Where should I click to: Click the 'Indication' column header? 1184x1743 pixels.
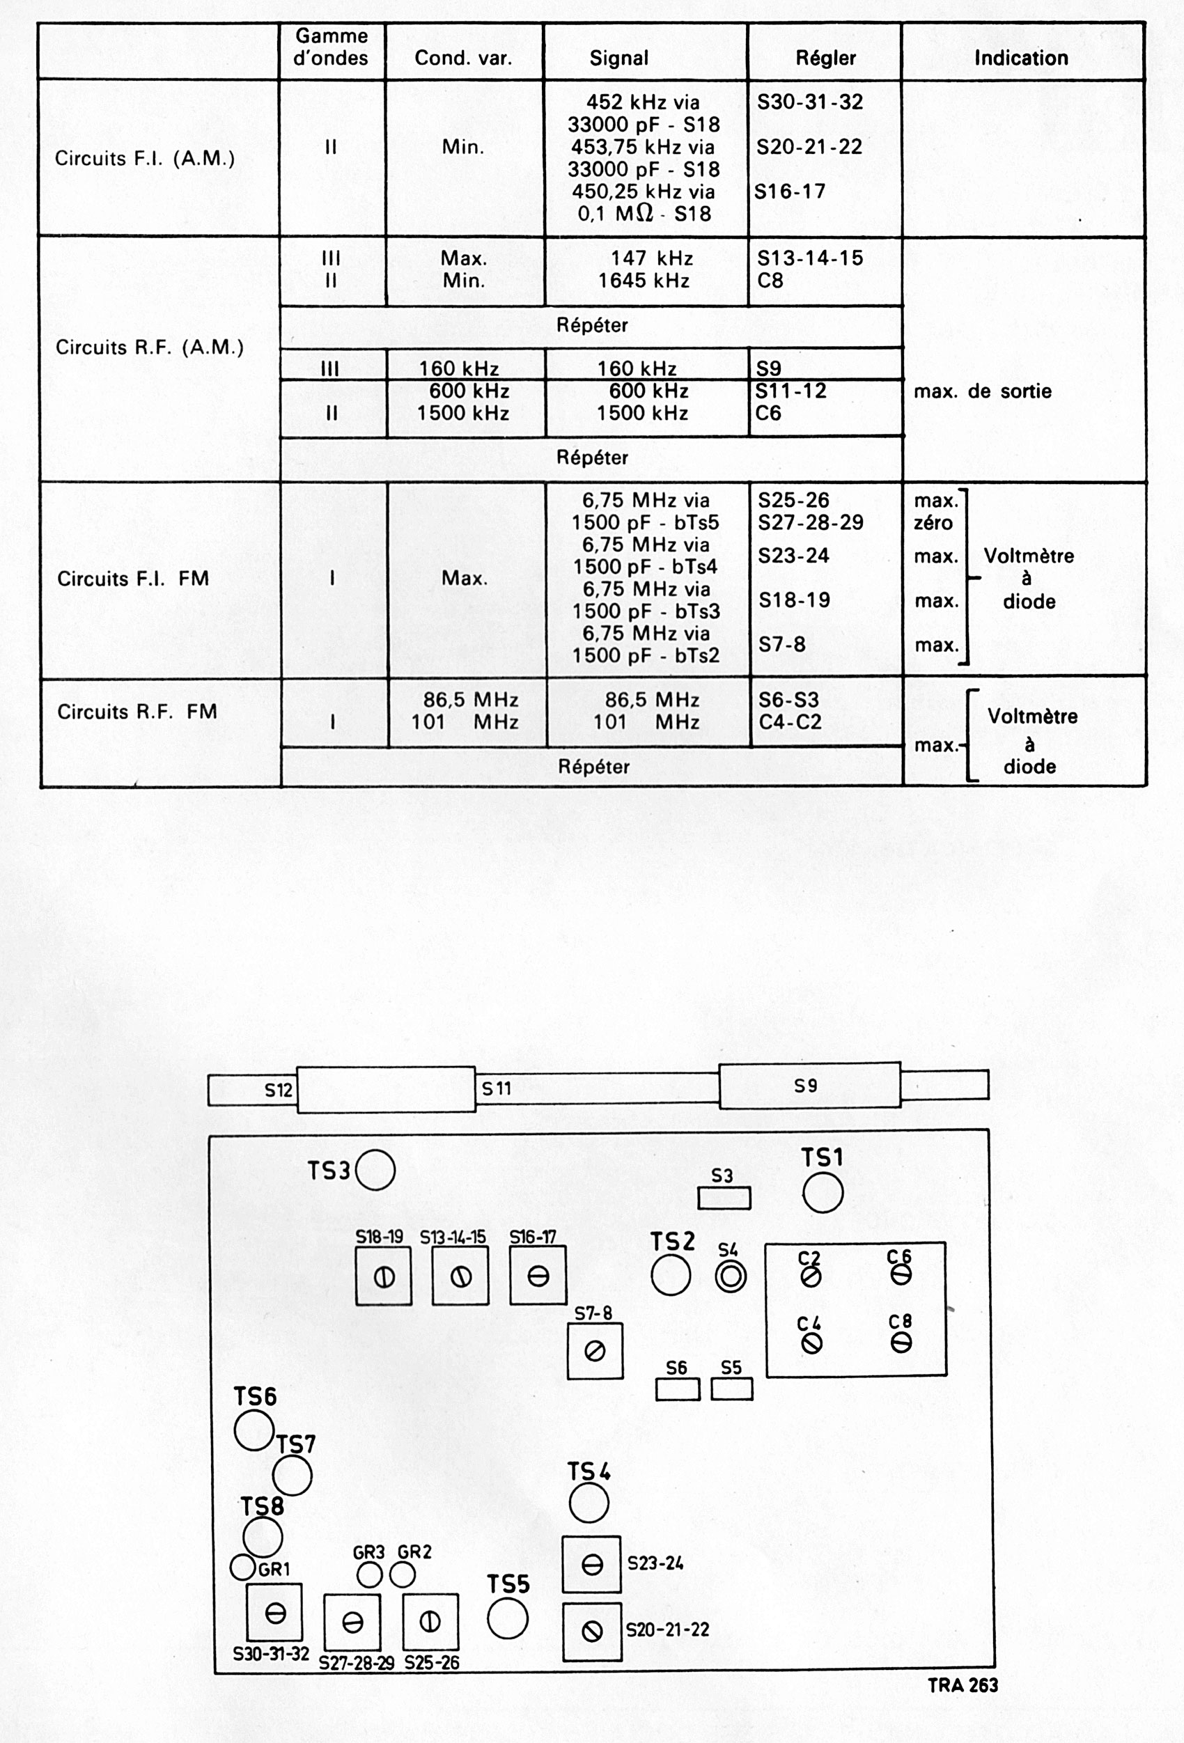pyautogui.click(x=1020, y=58)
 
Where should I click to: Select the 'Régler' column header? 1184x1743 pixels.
pyautogui.click(x=825, y=58)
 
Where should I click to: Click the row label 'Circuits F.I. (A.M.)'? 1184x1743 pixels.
pyautogui.click(x=145, y=158)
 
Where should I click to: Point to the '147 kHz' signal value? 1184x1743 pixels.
pyautogui.click(x=651, y=258)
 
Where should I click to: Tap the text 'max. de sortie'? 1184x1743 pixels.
pyautogui.click(x=982, y=391)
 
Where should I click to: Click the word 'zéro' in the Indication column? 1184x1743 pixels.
pyautogui.click(x=933, y=523)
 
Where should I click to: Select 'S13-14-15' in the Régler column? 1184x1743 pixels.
pyautogui.click(x=809, y=258)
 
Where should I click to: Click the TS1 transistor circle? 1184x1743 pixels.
pyautogui.click(x=823, y=1192)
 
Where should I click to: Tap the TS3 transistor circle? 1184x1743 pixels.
pyautogui.click(x=375, y=1170)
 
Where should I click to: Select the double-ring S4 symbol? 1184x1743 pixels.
pyautogui.click(x=730, y=1276)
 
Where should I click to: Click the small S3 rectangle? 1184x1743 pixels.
pyautogui.click(x=724, y=1198)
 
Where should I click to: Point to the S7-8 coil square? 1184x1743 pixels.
pyautogui.click(x=595, y=1352)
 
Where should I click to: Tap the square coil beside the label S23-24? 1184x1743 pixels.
pyautogui.click(x=592, y=1565)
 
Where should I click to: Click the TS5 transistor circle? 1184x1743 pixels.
pyautogui.click(x=508, y=1618)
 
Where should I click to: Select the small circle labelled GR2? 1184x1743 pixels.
pyautogui.click(x=403, y=1575)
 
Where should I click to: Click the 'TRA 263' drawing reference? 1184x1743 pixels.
pyautogui.click(x=963, y=1685)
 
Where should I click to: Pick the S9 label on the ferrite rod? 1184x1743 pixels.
pyautogui.click(x=805, y=1085)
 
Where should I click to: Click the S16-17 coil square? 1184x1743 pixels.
pyautogui.click(x=538, y=1276)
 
